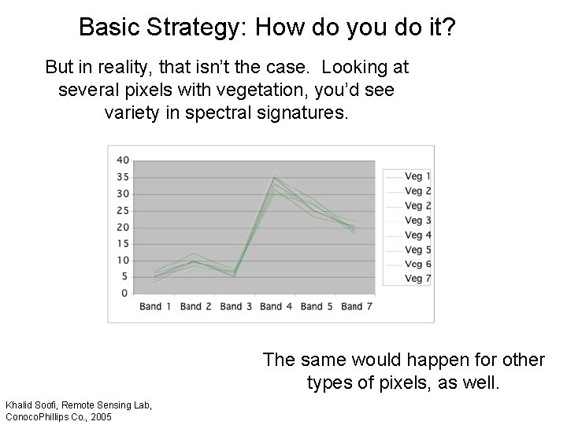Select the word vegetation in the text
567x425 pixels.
(275, 91)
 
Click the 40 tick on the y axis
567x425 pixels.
(123, 161)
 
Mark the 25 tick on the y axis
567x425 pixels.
(123, 210)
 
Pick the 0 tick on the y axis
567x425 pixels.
(125, 293)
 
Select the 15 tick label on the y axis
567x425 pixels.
(123, 243)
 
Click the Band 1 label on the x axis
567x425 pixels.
(155, 306)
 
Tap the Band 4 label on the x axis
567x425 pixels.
(271, 306)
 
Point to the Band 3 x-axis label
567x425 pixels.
(232, 306)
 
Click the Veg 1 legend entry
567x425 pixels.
(417, 176)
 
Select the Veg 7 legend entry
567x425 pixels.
(417, 279)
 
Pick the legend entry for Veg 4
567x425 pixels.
(417, 235)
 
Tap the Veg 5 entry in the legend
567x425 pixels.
(417, 249)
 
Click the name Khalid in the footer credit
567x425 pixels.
(20, 405)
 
